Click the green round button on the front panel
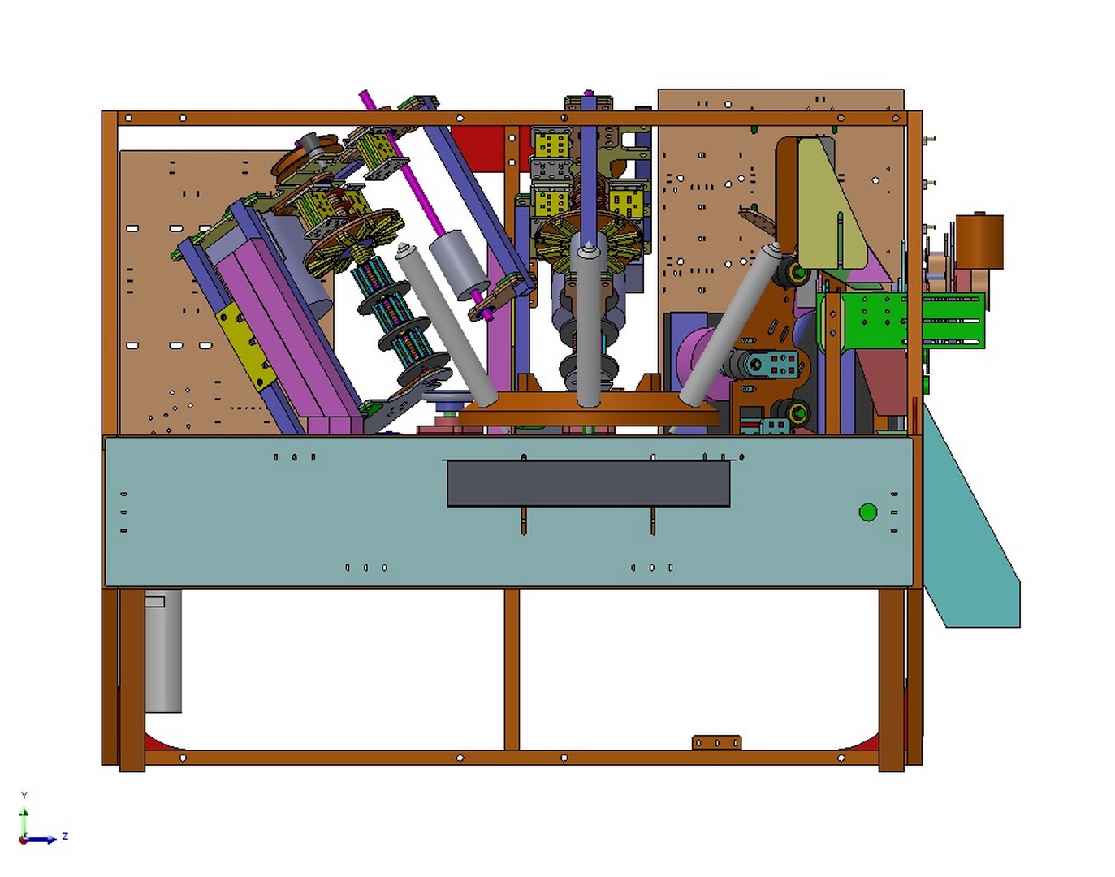[x=868, y=512]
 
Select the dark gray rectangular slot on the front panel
[x=589, y=484]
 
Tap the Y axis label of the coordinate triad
[x=24, y=795]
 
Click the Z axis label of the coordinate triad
[x=65, y=836]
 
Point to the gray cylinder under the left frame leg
[x=163, y=650]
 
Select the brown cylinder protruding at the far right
[x=979, y=241]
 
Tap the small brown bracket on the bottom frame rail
[x=716, y=742]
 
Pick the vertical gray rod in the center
[x=588, y=322]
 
